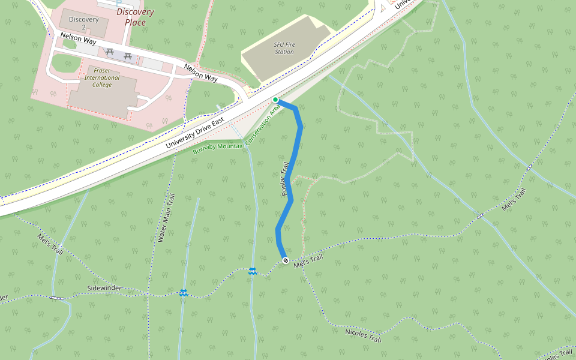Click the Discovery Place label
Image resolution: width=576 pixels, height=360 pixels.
pos(135,17)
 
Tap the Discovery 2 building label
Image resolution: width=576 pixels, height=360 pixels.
pos(83,23)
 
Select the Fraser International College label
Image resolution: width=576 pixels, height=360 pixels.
pos(102,77)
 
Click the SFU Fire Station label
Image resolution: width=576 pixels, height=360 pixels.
pos(284,48)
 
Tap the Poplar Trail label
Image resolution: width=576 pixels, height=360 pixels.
pos(286,178)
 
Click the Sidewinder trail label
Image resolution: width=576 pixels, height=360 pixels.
pos(104,289)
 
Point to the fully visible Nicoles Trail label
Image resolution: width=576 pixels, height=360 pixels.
pos(363,335)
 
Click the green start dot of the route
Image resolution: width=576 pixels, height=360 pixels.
pos(275,100)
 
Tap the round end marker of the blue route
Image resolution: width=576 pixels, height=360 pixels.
pos(286,260)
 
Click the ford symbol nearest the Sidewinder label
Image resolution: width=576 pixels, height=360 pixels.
pos(184,293)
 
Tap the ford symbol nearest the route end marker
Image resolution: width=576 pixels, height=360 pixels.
pos(253,271)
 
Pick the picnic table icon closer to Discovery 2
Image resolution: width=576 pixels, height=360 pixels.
pos(109,53)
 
